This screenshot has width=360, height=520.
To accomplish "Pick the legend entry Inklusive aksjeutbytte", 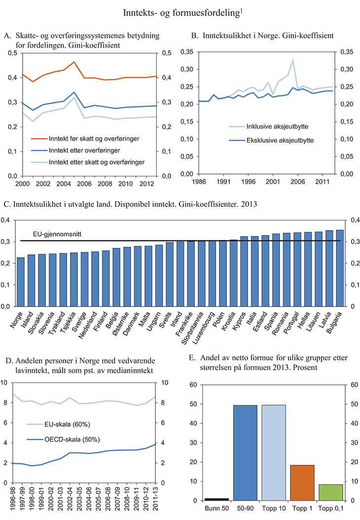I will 260,127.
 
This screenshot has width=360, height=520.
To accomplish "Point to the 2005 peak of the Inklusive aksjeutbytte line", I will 293,60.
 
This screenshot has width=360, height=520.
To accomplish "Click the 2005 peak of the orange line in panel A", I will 73,62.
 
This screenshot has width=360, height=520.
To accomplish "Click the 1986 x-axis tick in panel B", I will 185,181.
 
